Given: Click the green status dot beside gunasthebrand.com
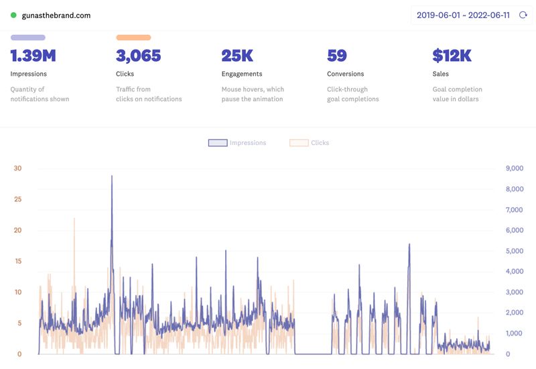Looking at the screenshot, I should [13, 15].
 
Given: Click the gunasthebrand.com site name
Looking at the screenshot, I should [56, 15].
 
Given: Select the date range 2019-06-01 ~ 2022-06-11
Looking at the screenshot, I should [462, 15].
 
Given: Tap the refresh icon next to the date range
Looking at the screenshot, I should [523, 15].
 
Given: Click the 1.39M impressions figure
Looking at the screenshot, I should [33, 56].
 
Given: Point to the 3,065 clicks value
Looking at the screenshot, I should [139, 56].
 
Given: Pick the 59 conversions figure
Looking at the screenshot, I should [336, 56].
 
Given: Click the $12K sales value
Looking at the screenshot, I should [452, 56].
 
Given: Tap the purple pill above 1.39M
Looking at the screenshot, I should [27, 38].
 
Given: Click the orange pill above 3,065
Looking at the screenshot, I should [133, 38].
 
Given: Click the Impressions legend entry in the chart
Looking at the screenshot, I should [237, 143].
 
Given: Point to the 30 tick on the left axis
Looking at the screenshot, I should [17, 168].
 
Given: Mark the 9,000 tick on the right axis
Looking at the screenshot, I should [513, 168].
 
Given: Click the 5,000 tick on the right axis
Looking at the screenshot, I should [513, 251].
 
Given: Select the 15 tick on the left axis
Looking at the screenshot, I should [17, 261].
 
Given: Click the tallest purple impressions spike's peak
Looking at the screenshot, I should [112, 176].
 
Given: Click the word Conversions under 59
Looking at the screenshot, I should [345, 74].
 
